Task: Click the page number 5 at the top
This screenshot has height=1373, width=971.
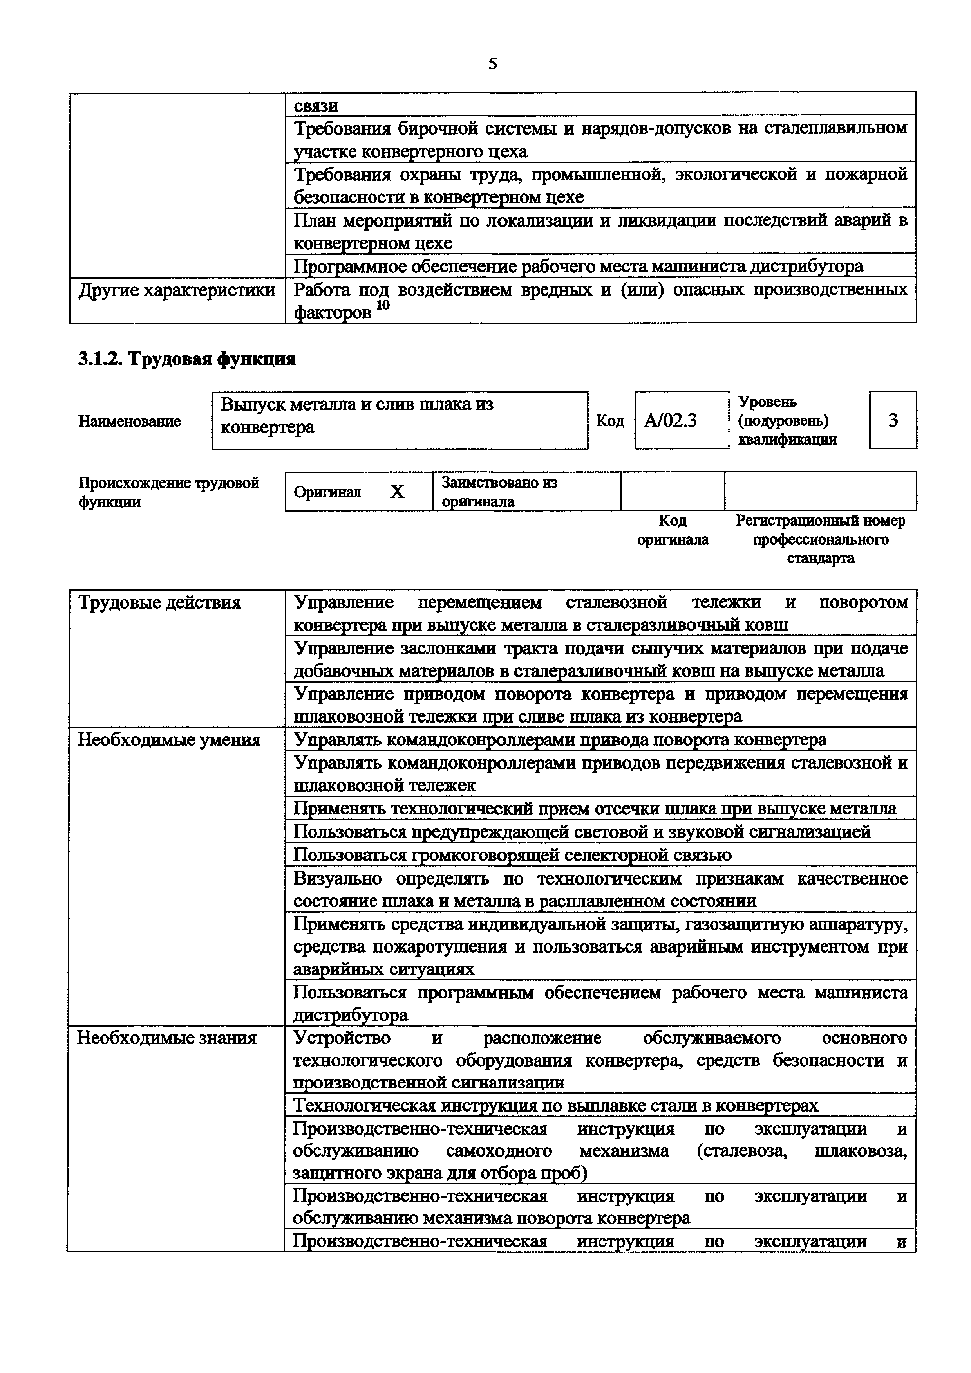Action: coord(492,63)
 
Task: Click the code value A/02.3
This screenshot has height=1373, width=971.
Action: coord(670,421)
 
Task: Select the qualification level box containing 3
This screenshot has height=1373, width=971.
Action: coord(893,420)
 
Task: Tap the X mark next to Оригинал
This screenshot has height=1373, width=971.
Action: coord(397,492)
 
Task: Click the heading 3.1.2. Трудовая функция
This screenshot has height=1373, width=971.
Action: coord(187,359)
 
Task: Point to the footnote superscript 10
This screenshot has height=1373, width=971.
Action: coord(383,305)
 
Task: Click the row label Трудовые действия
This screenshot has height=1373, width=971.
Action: coord(160,603)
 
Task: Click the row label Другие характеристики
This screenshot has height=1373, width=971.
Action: coord(177,291)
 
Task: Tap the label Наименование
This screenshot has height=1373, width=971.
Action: coord(129,422)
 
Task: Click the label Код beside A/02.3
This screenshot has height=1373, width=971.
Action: coord(610,421)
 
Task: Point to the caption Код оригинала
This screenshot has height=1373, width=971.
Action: coord(673,530)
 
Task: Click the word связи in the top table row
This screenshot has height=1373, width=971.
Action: coord(316,106)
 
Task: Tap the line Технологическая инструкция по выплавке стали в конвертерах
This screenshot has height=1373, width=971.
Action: coord(556,1105)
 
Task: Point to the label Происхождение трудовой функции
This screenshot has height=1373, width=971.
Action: coord(169,492)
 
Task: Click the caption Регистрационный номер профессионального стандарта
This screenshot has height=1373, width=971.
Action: coord(820,539)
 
